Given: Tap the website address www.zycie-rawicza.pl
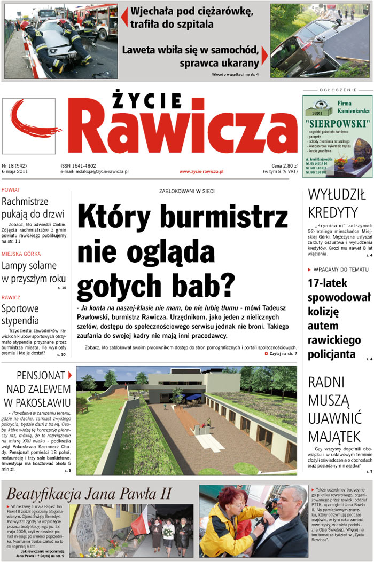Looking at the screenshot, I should (x=201, y=171).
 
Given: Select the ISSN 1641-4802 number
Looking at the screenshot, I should (x=78, y=165).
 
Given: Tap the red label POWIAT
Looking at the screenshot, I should (x=11, y=190).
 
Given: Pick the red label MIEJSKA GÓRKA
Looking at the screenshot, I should (x=21, y=254).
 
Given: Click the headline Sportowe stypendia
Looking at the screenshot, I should (x=20, y=314).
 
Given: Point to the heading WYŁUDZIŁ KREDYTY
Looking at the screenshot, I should (x=337, y=203).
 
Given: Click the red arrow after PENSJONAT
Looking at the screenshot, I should (x=70, y=375).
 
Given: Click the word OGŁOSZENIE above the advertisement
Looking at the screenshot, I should (x=337, y=90).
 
